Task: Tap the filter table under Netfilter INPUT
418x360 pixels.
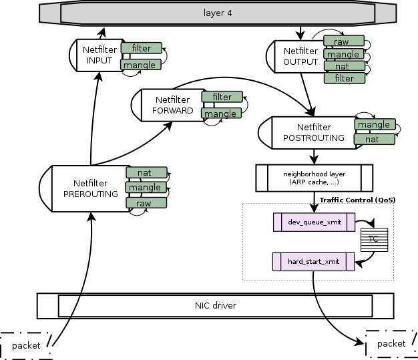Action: pyautogui.click(x=141, y=48)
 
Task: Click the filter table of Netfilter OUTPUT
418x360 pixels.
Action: pyautogui.click(x=344, y=78)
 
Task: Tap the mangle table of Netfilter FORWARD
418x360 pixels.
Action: pyautogui.click(x=221, y=114)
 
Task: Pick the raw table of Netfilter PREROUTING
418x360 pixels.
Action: pyautogui.click(x=144, y=202)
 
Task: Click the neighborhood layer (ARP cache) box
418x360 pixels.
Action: pyautogui.click(x=314, y=178)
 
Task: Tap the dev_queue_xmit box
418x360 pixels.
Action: pyautogui.click(x=314, y=221)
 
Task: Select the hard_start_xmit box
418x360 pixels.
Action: pyautogui.click(x=314, y=262)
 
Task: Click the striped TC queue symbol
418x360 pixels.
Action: pyautogui.click(x=374, y=239)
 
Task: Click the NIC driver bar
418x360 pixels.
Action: pyautogui.click(x=215, y=306)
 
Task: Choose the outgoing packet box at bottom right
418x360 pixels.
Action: pyautogui.click(x=391, y=343)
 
